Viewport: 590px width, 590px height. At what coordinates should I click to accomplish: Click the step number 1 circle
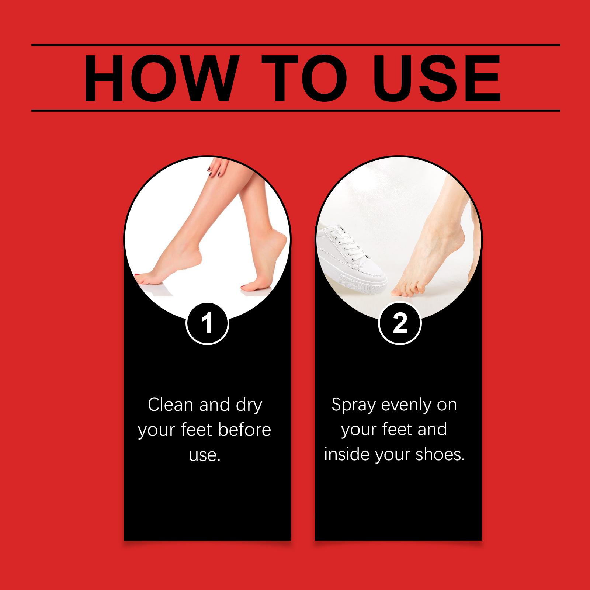pyautogui.click(x=207, y=323)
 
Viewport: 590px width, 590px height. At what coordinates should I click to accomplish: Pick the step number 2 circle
pyautogui.click(x=400, y=323)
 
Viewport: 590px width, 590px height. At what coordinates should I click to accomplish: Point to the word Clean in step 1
pyautogui.click(x=171, y=405)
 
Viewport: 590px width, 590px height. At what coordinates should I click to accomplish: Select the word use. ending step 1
pyautogui.click(x=205, y=455)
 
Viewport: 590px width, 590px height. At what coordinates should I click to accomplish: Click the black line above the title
pyautogui.click(x=296, y=45)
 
